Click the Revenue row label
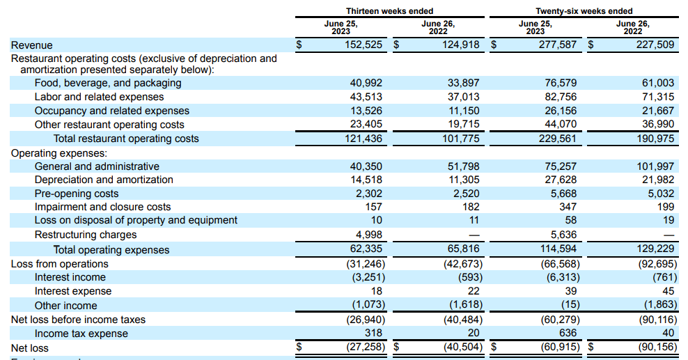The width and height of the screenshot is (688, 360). pyautogui.click(x=31, y=45)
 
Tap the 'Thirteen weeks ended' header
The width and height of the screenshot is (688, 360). pyautogui.click(x=389, y=11)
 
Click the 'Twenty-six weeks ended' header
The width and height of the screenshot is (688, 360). pyautogui.click(x=584, y=11)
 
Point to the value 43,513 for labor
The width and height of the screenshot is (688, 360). pyautogui.click(x=366, y=97)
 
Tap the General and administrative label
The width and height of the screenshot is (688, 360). pyautogui.click(x=97, y=166)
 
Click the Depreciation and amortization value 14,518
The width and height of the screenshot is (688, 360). pyautogui.click(x=366, y=180)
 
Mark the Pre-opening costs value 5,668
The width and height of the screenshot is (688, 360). pyautogui.click(x=562, y=194)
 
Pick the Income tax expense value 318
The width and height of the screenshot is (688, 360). pyautogui.click(x=374, y=334)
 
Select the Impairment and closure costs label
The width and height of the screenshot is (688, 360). pyautogui.click(x=102, y=207)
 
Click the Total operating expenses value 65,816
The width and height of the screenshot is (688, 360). pyautogui.click(x=463, y=250)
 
